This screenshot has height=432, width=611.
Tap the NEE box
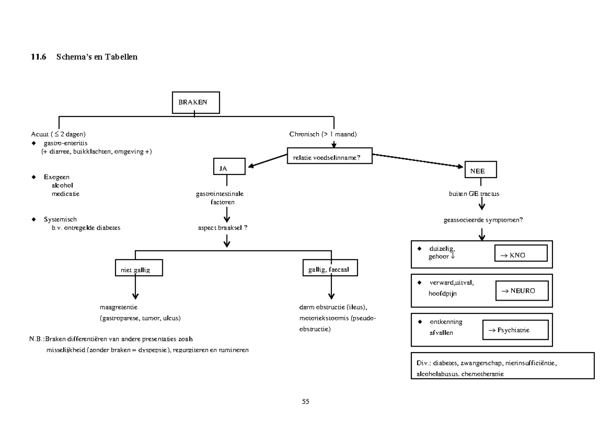(481, 170)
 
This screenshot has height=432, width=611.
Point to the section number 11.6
(39, 57)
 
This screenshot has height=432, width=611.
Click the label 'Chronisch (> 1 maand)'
(323, 135)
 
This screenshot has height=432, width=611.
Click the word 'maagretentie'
(119, 307)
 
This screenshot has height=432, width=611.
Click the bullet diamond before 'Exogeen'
(34, 177)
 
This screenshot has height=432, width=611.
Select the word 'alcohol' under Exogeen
(62, 185)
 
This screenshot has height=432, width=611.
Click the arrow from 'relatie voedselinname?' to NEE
(418, 160)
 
